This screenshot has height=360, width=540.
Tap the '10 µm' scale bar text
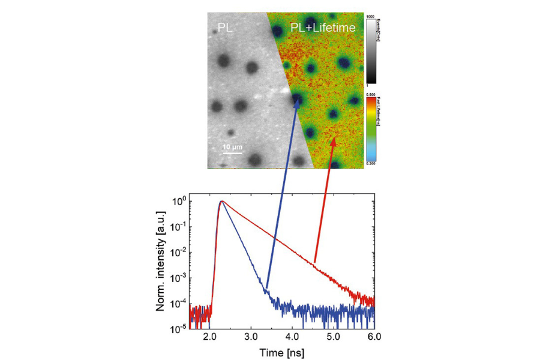click(233, 146)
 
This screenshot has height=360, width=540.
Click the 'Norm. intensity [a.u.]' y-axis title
click(161, 262)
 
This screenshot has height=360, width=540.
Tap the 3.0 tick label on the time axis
click(251, 338)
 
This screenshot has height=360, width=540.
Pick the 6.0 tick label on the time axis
click(375, 338)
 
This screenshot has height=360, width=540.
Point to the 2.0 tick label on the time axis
click(210, 338)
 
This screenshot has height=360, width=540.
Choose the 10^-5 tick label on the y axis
click(178, 328)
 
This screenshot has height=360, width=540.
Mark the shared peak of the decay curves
click(222, 202)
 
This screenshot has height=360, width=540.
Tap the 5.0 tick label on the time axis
click(334, 338)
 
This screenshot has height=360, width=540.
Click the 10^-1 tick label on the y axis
click(178, 226)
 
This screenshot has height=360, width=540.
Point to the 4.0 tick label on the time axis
click(293, 338)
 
